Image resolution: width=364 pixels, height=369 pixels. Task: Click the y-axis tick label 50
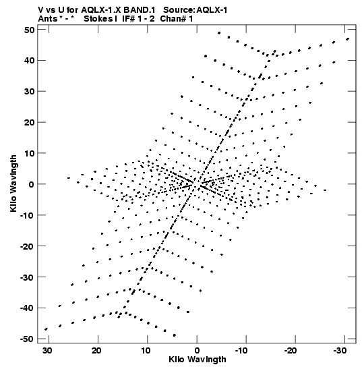coord(29,30)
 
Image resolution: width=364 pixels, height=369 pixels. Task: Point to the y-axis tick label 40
coord(29,61)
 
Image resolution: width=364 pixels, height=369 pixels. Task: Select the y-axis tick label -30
coord(27,277)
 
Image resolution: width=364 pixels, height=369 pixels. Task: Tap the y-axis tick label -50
coord(27,339)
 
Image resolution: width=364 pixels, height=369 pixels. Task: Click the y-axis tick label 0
coord(32,184)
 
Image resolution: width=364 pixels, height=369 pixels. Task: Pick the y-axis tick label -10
coord(27,215)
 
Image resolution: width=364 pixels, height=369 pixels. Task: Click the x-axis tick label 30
coord(47,351)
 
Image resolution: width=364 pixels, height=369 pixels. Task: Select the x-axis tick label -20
coord(291,351)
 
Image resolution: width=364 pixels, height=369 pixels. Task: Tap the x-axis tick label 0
coord(197,351)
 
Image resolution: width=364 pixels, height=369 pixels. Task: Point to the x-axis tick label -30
coord(340,351)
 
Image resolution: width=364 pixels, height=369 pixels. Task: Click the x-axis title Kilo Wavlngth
coord(198,360)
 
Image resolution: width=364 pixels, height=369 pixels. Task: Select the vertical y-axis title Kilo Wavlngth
coord(13,183)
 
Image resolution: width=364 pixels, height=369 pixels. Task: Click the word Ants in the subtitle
coord(48,19)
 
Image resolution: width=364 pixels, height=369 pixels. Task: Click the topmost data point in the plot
coord(219,33)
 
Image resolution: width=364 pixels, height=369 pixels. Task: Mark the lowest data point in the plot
coord(174,335)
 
